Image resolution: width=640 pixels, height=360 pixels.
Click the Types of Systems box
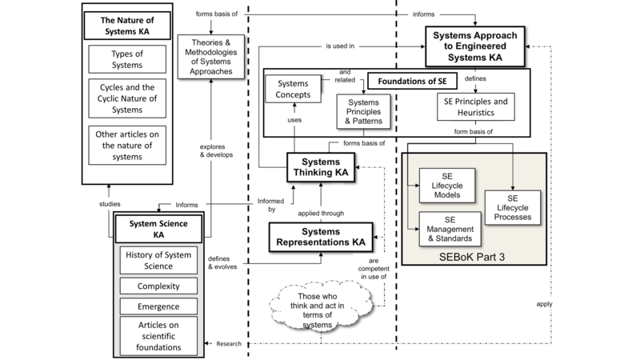coord(127,58)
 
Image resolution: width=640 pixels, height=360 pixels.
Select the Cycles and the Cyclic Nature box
coord(127,97)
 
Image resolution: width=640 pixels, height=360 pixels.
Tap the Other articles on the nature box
coord(127,146)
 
